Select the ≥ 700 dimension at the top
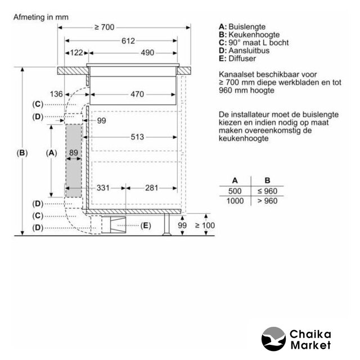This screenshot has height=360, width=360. coord(105,27)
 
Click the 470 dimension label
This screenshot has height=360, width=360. coord(137,94)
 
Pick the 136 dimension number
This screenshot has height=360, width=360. coord(56,94)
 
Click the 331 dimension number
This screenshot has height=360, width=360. coord(103,187)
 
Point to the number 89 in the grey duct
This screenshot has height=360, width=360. coord(73,152)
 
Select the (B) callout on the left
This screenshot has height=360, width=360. coord(21,152)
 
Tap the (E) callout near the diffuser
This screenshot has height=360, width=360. coord(146,226)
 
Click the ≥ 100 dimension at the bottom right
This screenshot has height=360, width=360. coord(205,226)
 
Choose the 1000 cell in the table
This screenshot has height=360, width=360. coord(235,201)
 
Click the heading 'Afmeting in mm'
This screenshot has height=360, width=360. coord(40,17)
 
